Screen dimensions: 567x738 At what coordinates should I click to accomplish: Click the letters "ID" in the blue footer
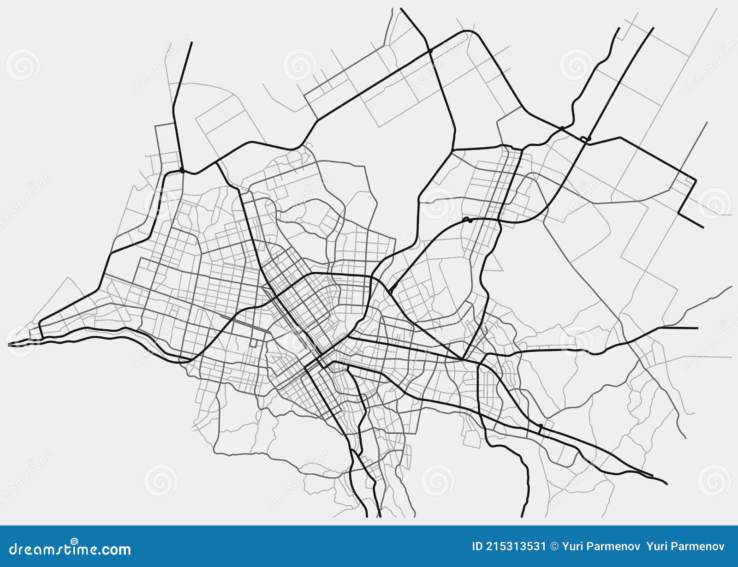pos(477,547)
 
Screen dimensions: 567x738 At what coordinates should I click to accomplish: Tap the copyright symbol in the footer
pos(554,547)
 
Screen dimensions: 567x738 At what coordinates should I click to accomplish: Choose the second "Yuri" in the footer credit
pos(657,547)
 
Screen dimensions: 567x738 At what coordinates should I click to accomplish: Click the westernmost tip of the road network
pos(9,344)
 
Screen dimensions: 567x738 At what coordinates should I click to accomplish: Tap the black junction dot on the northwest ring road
pos(182,171)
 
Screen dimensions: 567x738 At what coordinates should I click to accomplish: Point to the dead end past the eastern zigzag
pos(703,227)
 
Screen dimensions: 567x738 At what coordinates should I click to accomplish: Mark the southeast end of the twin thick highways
pos(667,483)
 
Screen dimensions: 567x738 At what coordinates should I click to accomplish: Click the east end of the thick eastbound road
pos(697,328)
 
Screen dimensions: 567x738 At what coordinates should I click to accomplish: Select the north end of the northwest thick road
pos(191,42)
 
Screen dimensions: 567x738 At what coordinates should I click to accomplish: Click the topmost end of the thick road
pos(401,8)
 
